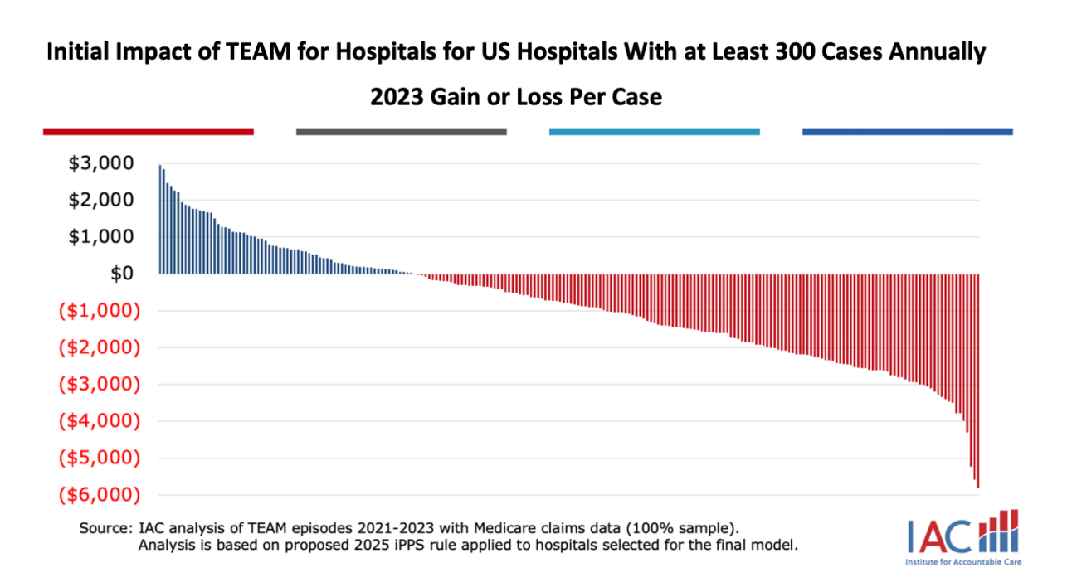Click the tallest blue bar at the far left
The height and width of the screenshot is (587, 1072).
pyautogui.click(x=160, y=220)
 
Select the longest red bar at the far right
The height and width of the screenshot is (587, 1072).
pyautogui.click(x=978, y=381)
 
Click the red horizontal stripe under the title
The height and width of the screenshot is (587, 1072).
pyautogui.click(x=148, y=131)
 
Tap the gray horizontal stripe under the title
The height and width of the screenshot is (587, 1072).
pyautogui.click(x=401, y=131)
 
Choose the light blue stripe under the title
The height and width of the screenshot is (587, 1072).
pyautogui.click(x=654, y=131)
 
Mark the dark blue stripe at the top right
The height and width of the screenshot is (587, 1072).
pyautogui.click(x=908, y=131)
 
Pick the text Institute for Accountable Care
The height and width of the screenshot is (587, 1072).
pyautogui.click(x=963, y=562)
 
